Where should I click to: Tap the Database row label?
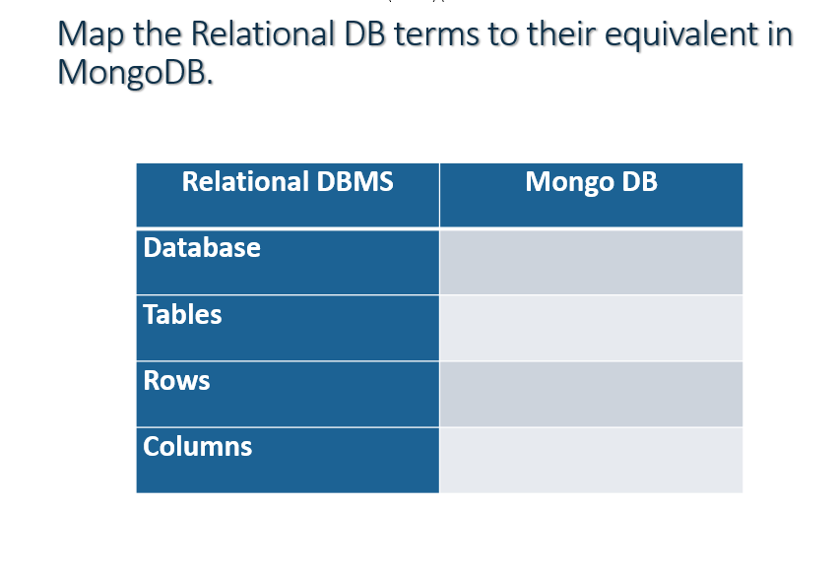coord(202,247)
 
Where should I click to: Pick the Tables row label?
coord(182,315)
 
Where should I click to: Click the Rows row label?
coord(176,381)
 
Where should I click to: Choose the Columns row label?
coord(197,447)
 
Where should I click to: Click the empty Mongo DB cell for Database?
coord(591,262)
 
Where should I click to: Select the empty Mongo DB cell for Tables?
coord(591,328)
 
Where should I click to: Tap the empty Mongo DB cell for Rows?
coord(591,394)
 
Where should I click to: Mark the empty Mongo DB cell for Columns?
coord(591,460)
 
